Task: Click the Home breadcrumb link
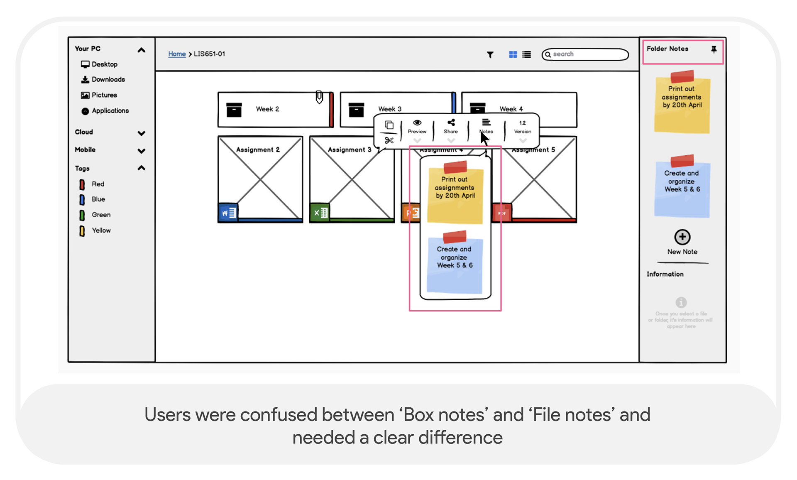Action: coord(177,54)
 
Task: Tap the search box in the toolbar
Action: coord(585,54)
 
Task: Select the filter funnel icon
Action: coord(490,55)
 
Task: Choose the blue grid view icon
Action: coord(513,54)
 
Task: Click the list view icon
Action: coord(527,54)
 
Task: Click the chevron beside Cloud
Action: coord(142,133)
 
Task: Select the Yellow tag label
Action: coord(101,230)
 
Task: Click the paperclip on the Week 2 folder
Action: coord(319,97)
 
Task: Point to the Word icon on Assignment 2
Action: coord(228,213)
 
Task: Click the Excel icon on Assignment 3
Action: coord(320,213)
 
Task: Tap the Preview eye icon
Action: coord(417,122)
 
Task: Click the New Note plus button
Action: coord(682,237)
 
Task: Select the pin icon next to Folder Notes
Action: coord(714,49)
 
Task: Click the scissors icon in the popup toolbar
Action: coord(389,140)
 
